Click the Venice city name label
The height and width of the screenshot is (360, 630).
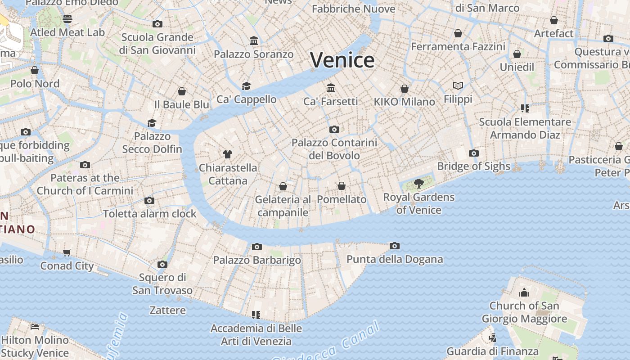pyautogui.click(x=342, y=60)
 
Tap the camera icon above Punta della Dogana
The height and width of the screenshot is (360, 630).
pyautogui.click(x=395, y=246)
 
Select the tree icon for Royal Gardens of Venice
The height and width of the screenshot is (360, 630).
pyautogui.click(x=419, y=183)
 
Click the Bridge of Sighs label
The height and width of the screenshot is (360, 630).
pyautogui.click(x=473, y=166)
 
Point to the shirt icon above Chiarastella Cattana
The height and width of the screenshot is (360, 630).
pyautogui.click(x=228, y=154)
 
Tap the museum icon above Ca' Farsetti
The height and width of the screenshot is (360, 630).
pyautogui.click(x=331, y=87)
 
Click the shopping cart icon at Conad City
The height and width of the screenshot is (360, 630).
pyautogui.click(x=67, y=252)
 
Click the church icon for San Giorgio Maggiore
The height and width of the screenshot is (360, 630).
pyautogui.click(x=524, y=293)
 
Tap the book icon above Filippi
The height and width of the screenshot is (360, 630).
pyautogui.click(x=458, y=85)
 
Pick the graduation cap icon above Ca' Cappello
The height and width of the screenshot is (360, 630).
pyautogui.click(x=246, y=86)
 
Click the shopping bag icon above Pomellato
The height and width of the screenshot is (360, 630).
pyautogui.click(x=342, y=186)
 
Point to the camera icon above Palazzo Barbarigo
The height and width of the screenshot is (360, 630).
pyautogui.click(x=257, y=247)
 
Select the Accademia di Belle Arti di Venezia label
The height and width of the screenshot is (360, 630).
pyautogui.click(x=256, y=334)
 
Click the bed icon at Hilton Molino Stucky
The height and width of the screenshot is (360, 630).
pyautogui.click(x=35, y=326)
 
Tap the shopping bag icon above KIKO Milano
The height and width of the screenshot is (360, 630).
pyautogui.click(x=405, y=89)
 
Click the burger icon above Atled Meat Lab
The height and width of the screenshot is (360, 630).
pyautogui.click(x=67, y=18)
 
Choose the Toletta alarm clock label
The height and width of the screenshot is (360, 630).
pyautogui.click(x=150, y=213)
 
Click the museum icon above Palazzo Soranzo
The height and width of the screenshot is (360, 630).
pyautogui.click(x=254, y=41)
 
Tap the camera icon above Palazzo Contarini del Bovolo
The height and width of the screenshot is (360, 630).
pyautogui.click(x=334, y=130)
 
